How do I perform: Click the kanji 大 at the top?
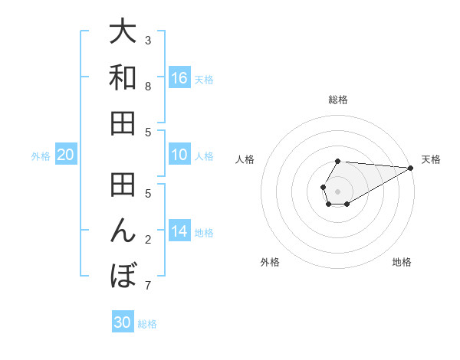[x=123, y=33]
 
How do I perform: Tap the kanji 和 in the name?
[x=123, y=77]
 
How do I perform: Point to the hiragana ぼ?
[x=123, y=275]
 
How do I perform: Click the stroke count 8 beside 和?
[x=148, y=86]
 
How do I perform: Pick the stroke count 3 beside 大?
[x=148, y=40]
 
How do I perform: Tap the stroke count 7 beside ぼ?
[x=148, y=286]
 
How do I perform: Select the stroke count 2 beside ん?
[x=148, y=239]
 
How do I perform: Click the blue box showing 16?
[x=179, y=78]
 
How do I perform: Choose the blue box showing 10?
[x=179, y=155]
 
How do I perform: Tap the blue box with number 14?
[x=179, y=231]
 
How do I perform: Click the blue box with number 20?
[x=65, y=155]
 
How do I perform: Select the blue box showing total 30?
[x=123, y=322]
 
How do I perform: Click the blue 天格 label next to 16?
[x=204, y=80]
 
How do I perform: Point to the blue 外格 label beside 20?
[x=41, y=156]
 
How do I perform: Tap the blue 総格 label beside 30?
[x=147, y=324]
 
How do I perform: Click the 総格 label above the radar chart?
[x=337, y=100]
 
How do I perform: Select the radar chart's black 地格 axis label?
[x=402, y=263]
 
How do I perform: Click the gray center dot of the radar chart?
[x=337, y=189]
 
